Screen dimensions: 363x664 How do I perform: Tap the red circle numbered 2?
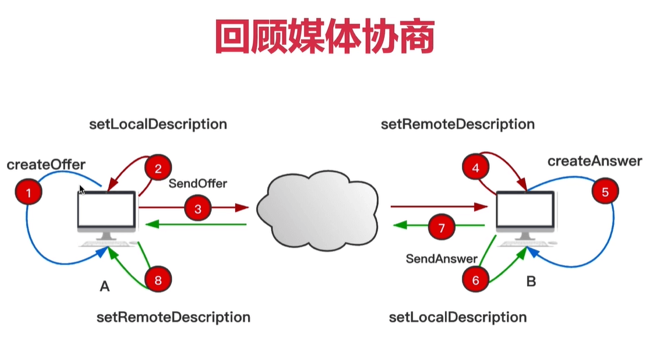[x=158, y=169]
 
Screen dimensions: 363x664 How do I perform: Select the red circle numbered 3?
[x=198, y=209]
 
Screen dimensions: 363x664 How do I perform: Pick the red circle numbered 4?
[x=475, y=169]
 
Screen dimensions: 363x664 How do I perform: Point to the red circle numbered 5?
[x=605, y=192]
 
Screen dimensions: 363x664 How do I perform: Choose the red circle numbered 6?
[x=475, y=280]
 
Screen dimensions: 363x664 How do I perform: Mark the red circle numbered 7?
[x=442, y=227]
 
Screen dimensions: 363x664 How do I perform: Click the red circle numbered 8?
[x=158, y=280]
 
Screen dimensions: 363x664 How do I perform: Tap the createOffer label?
[x=46, y=165]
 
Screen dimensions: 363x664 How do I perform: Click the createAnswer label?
[x=594, y=161]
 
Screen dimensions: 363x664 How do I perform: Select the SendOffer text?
[x=198, y=183]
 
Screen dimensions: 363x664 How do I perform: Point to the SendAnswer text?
[x=442, y=258]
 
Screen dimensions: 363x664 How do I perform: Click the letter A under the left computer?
[x=105, y=286]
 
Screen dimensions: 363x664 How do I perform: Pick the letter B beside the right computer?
[x=531, y=282]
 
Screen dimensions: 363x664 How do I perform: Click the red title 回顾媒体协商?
[x=324, y=37]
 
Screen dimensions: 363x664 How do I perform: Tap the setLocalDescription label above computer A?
[x=158, y=124]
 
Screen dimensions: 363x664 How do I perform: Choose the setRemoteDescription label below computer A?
[x=173, y=317]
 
